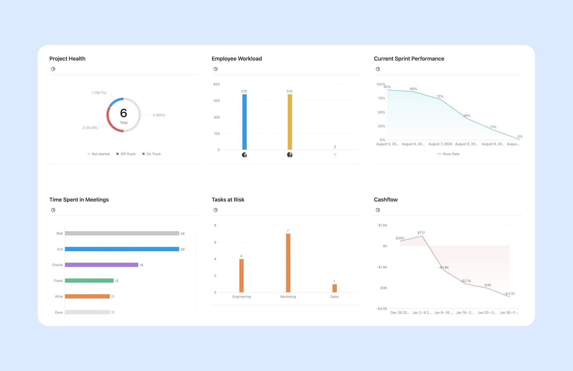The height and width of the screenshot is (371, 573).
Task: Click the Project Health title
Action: point(67,58)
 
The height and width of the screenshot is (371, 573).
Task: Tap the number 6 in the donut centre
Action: point(123,113)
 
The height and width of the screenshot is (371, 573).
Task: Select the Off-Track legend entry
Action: point(126,154)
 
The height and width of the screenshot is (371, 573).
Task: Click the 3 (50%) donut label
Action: point(159,115)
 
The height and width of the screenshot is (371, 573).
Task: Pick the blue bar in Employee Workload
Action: point(244,122)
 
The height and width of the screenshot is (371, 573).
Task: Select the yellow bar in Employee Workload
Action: point(290,122)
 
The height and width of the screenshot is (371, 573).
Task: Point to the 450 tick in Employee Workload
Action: point(217,101)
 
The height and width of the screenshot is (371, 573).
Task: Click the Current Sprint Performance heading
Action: point(409,58)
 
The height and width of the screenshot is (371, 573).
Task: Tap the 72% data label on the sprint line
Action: point(440,96)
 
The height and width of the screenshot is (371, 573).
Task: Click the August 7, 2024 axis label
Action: point(440,144)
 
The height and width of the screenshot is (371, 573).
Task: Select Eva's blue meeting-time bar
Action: point(122,249)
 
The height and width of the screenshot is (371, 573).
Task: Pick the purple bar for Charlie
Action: point(101,265)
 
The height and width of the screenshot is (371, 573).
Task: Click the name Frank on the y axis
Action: point(58,281)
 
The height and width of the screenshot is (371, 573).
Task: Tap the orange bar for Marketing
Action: point(288,263)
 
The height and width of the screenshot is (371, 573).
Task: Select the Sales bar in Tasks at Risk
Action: point(335,288)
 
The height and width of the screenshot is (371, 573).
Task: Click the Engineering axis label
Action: point(241,297)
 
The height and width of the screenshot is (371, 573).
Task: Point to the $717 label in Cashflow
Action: point(421,233)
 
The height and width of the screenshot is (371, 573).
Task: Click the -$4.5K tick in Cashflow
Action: point(382,309)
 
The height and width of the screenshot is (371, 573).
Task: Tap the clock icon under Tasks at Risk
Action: point(215,210)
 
